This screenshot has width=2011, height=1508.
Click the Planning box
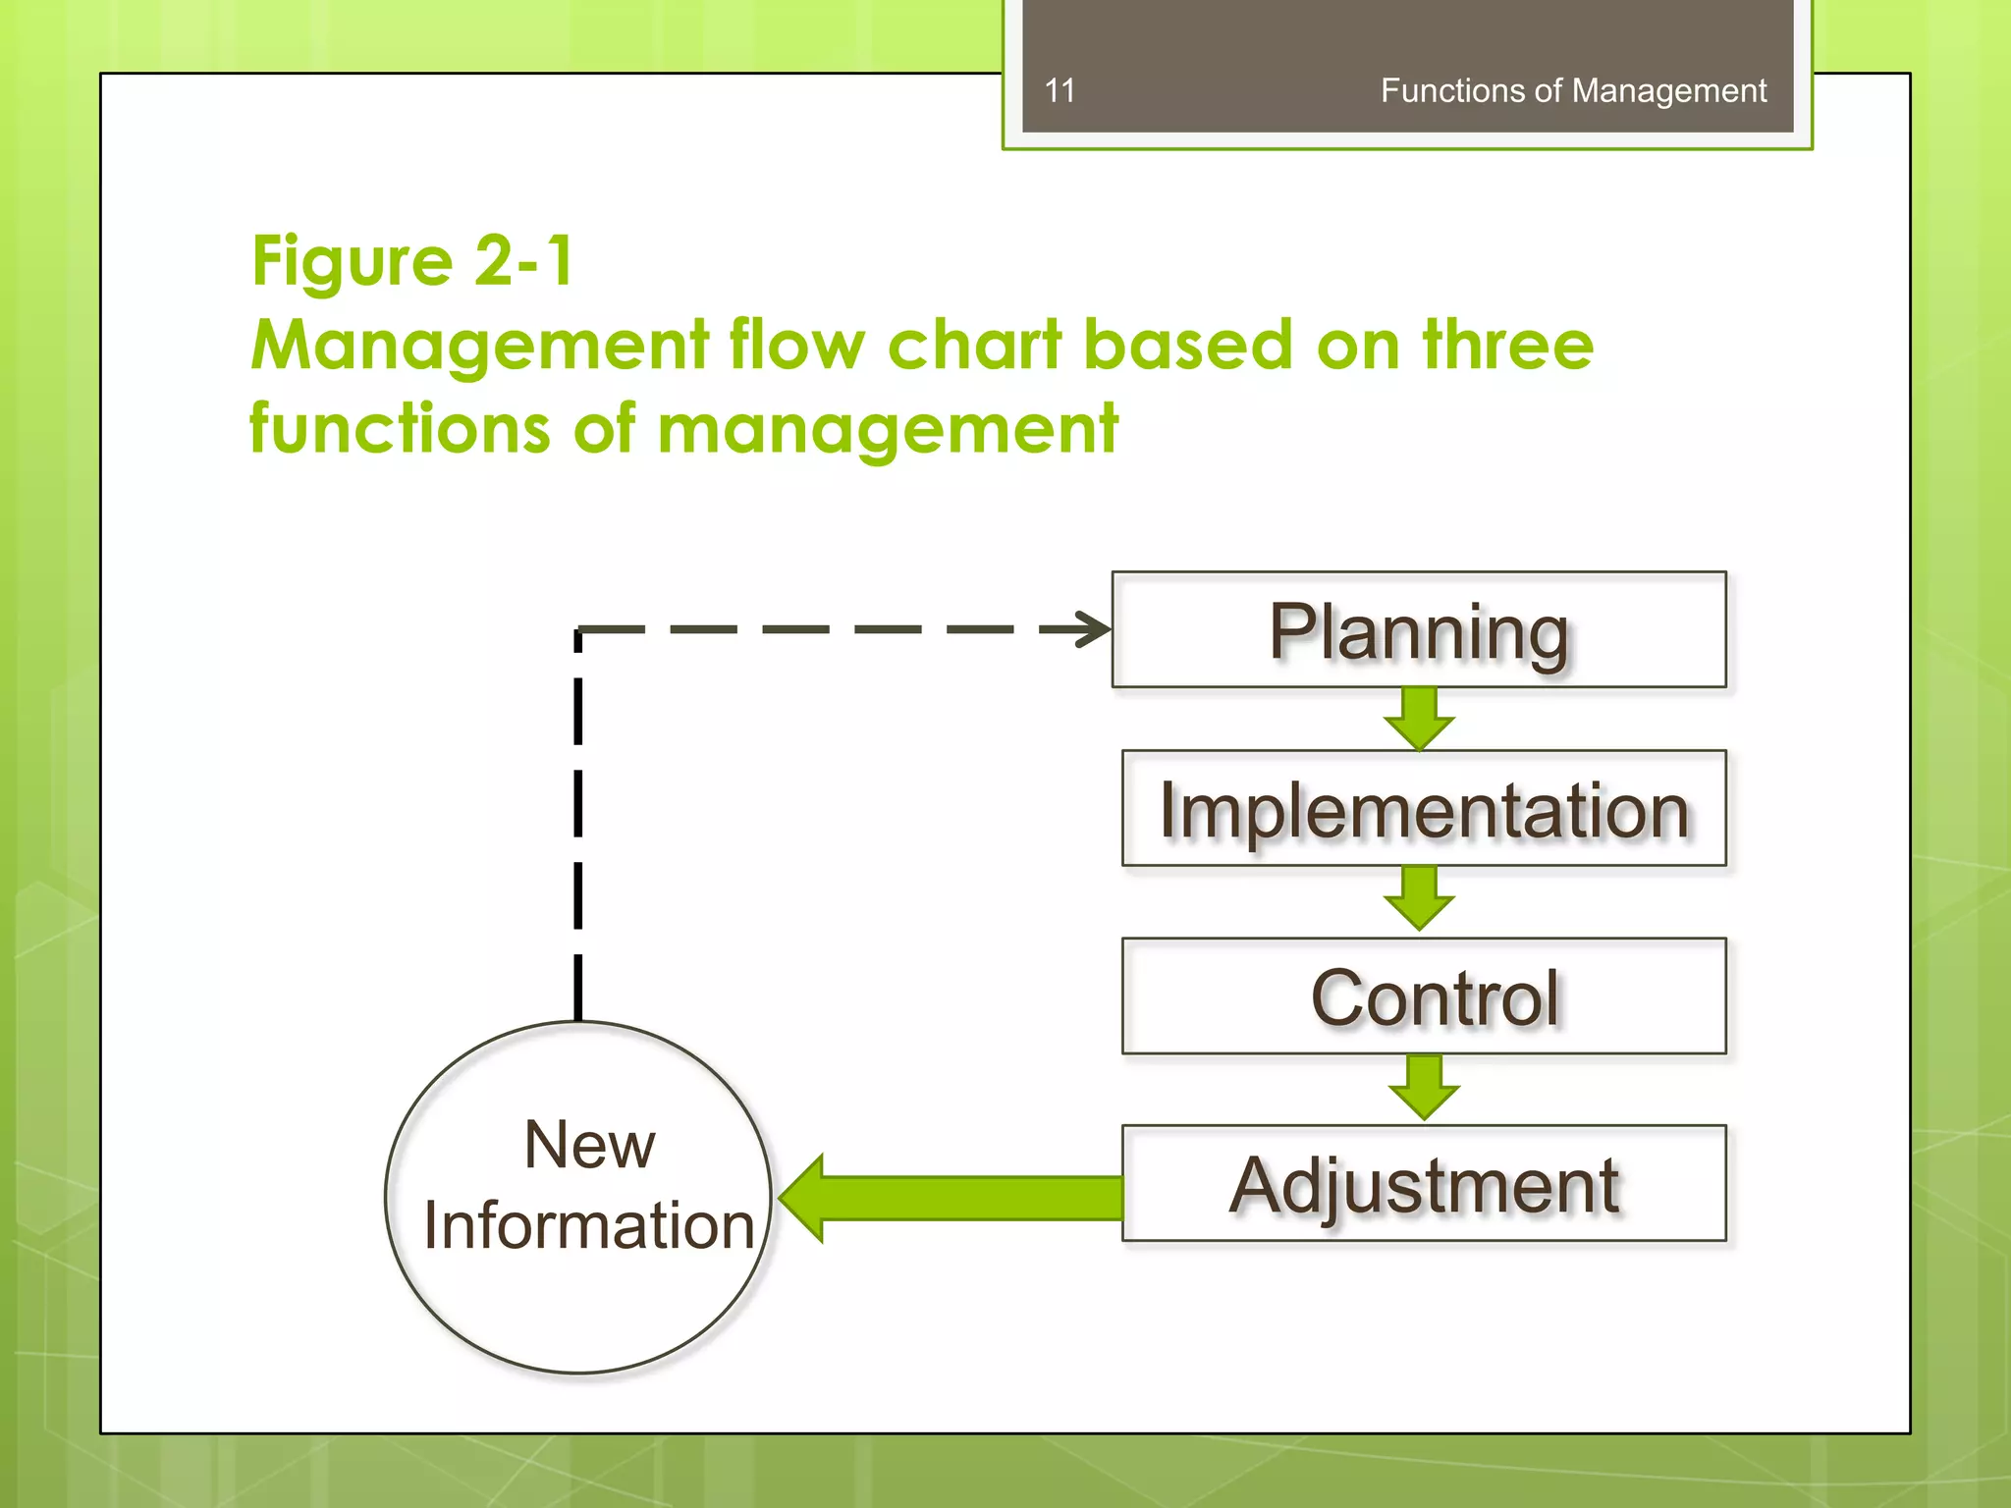point(1418,629)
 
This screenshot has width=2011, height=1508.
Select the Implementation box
point(1424,808)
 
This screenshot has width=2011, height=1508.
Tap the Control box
point(1424,996)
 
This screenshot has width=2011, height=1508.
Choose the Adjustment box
point(1424,1183)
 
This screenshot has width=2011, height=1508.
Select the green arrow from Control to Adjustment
point(1424,1087)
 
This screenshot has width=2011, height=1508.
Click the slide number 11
point(1060,90)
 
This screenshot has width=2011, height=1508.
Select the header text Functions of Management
point(1572,90)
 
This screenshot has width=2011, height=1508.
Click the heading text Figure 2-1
point(412,261)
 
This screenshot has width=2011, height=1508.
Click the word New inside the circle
point(589,1145)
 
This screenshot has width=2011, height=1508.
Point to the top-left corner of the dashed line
point(578,629)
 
